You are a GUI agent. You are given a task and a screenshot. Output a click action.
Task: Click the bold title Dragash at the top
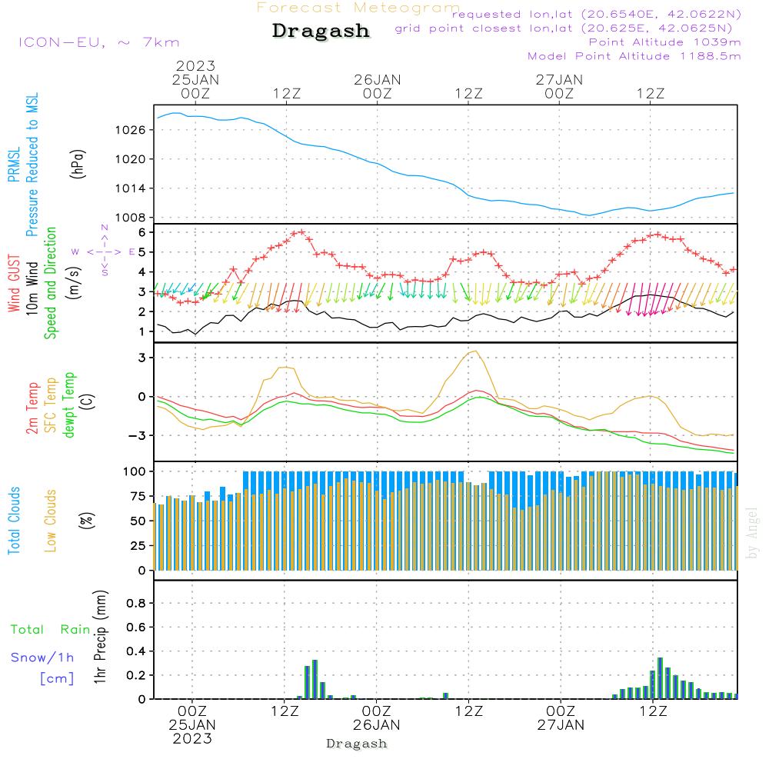coord(321,31)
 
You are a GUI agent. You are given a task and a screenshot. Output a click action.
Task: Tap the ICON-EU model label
coord(62,42)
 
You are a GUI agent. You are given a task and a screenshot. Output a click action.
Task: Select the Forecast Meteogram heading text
coord(358,8)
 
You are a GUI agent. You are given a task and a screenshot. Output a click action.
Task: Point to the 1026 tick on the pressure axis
coord(131,130)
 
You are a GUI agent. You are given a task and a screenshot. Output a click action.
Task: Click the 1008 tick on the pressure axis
coord(131,218)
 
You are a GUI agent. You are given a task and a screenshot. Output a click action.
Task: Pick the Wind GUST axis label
coord(14,284)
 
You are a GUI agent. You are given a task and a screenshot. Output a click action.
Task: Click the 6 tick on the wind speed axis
coord(141,232)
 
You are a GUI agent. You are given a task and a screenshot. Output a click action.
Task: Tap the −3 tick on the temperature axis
coord(137,435)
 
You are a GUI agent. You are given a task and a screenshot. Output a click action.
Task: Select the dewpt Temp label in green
coord(68,404)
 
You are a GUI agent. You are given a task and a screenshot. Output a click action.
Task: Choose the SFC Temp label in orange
coord(51,405)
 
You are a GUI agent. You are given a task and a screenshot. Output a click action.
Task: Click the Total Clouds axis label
coord(14,521)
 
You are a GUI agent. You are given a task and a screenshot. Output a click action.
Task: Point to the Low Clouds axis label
coord(51,521)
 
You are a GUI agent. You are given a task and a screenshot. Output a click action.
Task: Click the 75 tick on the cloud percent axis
coord(138,496)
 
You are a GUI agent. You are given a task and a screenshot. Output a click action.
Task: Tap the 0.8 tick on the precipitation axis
coord(136,603)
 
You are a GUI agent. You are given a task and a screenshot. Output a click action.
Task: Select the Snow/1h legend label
coord(42,657)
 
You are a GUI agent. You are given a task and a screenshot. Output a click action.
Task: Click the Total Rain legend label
coord(51,630)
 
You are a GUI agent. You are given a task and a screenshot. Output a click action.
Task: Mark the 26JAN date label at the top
coord(378,80)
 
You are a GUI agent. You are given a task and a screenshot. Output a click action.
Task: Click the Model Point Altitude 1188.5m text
coord(634,56)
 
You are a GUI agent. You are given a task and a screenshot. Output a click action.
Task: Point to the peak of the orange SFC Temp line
coord(475,351)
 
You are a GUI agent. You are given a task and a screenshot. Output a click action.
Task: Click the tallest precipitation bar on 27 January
coord(660,678)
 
